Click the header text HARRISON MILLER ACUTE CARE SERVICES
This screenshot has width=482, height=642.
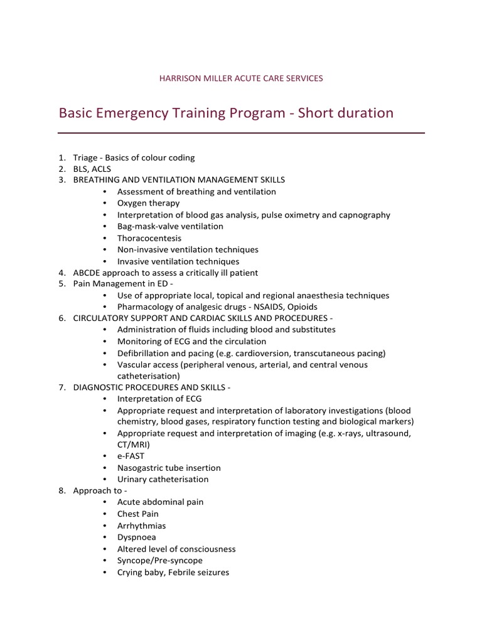(x=242, y=78)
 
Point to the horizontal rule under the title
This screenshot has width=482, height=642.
(x=242, y=133)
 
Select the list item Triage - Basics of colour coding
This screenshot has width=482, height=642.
(x=134, y=157)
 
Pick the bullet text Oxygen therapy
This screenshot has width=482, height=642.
(x=148, y=203)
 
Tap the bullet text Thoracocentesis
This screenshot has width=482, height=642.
(x=149, y=238)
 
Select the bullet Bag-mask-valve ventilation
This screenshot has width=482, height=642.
(x=170, y=226)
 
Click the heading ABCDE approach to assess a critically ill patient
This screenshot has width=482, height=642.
(x=166, y=273)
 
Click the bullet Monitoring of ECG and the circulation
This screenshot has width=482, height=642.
(x=191, y=341)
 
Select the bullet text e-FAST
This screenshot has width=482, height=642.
(x=131, y=456)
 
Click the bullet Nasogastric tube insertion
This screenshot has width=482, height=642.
(x=169, y=468)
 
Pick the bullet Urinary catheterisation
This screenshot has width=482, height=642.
(x=163, y=479)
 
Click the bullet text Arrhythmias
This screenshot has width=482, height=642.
(x=142, y=525)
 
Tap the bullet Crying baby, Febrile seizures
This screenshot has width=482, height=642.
(x=173, y=572)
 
